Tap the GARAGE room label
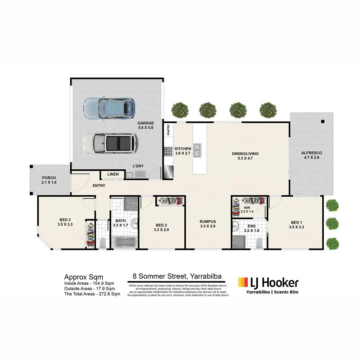145,123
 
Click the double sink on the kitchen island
197,150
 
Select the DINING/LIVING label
245,154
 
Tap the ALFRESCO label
311,153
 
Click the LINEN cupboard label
113,174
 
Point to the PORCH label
49,178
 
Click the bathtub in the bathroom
124,242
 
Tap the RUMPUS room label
208,222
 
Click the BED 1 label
295,222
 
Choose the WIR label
247,207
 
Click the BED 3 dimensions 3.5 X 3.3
65,224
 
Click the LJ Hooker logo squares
243,282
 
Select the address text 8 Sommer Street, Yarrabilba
177,276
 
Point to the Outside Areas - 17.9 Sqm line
89,289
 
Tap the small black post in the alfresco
322,122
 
